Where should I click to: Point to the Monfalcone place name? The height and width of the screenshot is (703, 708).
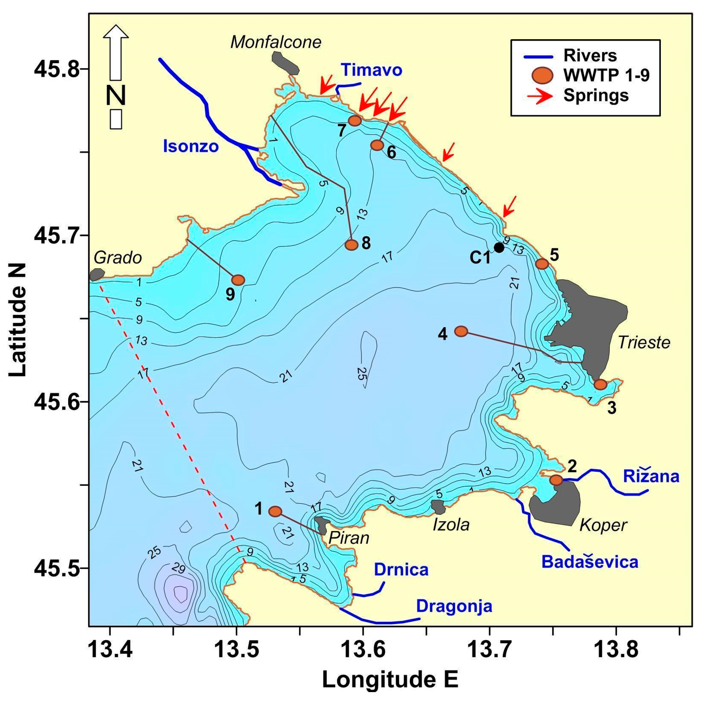click(x=276, y=42)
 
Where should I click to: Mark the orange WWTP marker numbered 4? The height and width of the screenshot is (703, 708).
click(x=461, y=331)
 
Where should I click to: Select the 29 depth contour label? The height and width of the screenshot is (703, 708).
click(x=178, y=569)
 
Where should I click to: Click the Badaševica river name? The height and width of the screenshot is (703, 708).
click(x=590, y=562)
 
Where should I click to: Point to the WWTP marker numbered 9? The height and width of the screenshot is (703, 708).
click(x=238, y=280)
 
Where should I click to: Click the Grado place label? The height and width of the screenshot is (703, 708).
click(x=118, y=258)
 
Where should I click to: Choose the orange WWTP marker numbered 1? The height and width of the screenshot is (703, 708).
click(x=275, y=511)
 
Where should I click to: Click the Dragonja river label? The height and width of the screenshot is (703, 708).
click(x=454, y=606)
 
